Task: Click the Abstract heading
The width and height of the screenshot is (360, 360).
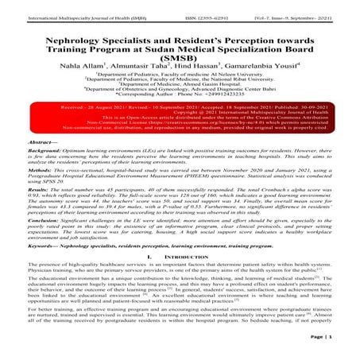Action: [21, 159]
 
